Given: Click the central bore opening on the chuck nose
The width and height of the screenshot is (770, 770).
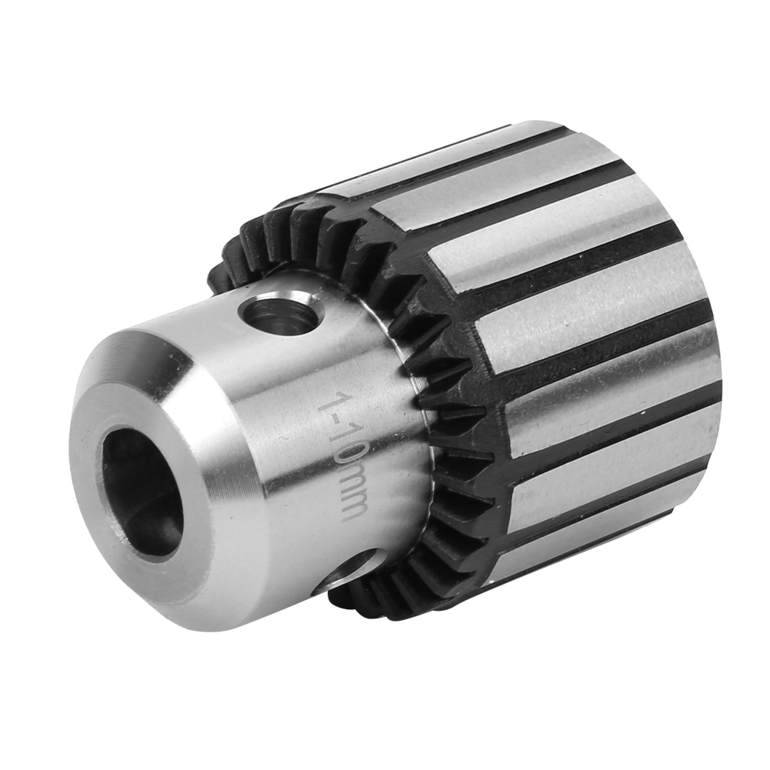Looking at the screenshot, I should pos(143,492).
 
